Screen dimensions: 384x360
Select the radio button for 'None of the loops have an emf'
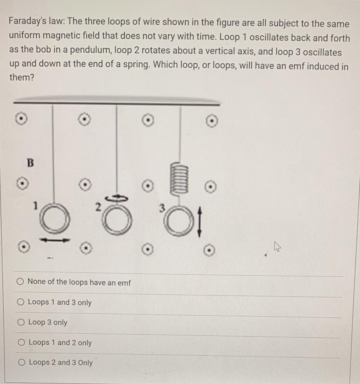point(20,282)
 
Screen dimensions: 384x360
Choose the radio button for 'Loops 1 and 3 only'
point(20,302)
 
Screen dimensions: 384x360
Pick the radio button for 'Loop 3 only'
point(20,322)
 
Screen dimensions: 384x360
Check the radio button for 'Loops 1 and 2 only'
point(20,343)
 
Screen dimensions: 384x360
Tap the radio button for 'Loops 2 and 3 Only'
point(20,362)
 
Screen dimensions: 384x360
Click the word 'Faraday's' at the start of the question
point(25,23)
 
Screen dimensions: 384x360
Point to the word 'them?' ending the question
point(20,77)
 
